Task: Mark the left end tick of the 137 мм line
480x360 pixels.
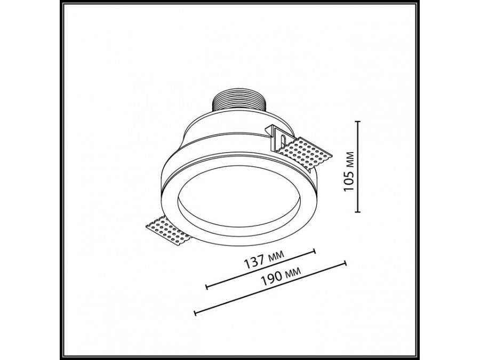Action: (206, 288)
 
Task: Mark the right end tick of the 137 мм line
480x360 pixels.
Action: (316, 250)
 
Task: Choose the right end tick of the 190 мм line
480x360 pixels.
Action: (346, 262)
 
